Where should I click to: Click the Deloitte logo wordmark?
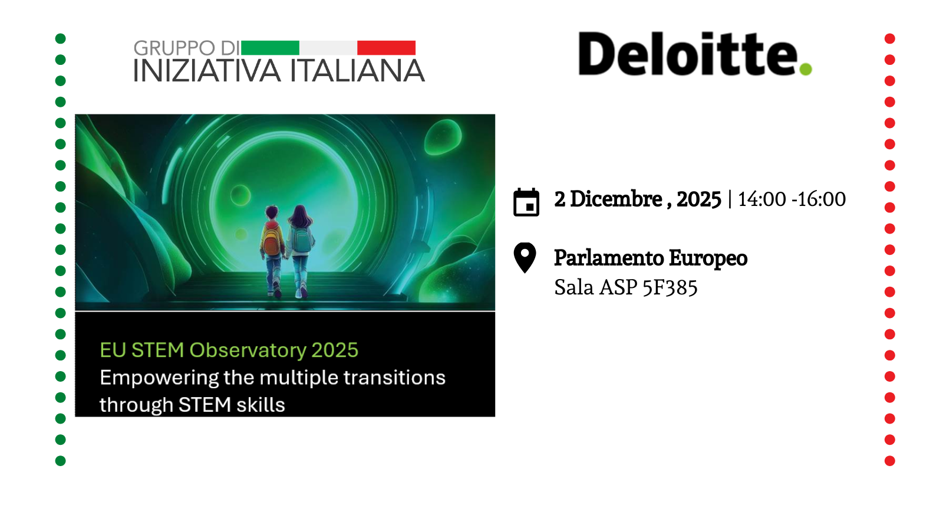tap(687, 54)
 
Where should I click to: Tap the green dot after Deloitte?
tap(806, 69)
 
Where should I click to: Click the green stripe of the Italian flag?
tap(270, 48)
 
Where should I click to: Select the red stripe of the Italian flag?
tap(386, 48)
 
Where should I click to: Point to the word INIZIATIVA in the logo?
tap(206, 71)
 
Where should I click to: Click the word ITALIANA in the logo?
tap(357, 71)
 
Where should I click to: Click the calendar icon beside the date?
tap(526, 202)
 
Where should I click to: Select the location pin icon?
tap(525, 257)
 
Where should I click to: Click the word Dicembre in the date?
tap(616, 199)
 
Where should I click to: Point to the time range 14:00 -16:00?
tap(792, 199)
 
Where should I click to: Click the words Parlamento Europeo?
tap(651, 258)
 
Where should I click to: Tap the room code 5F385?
tap(670, 288)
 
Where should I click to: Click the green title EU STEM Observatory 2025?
tap(229, 350)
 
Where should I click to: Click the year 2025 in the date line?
tap(699, 199)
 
